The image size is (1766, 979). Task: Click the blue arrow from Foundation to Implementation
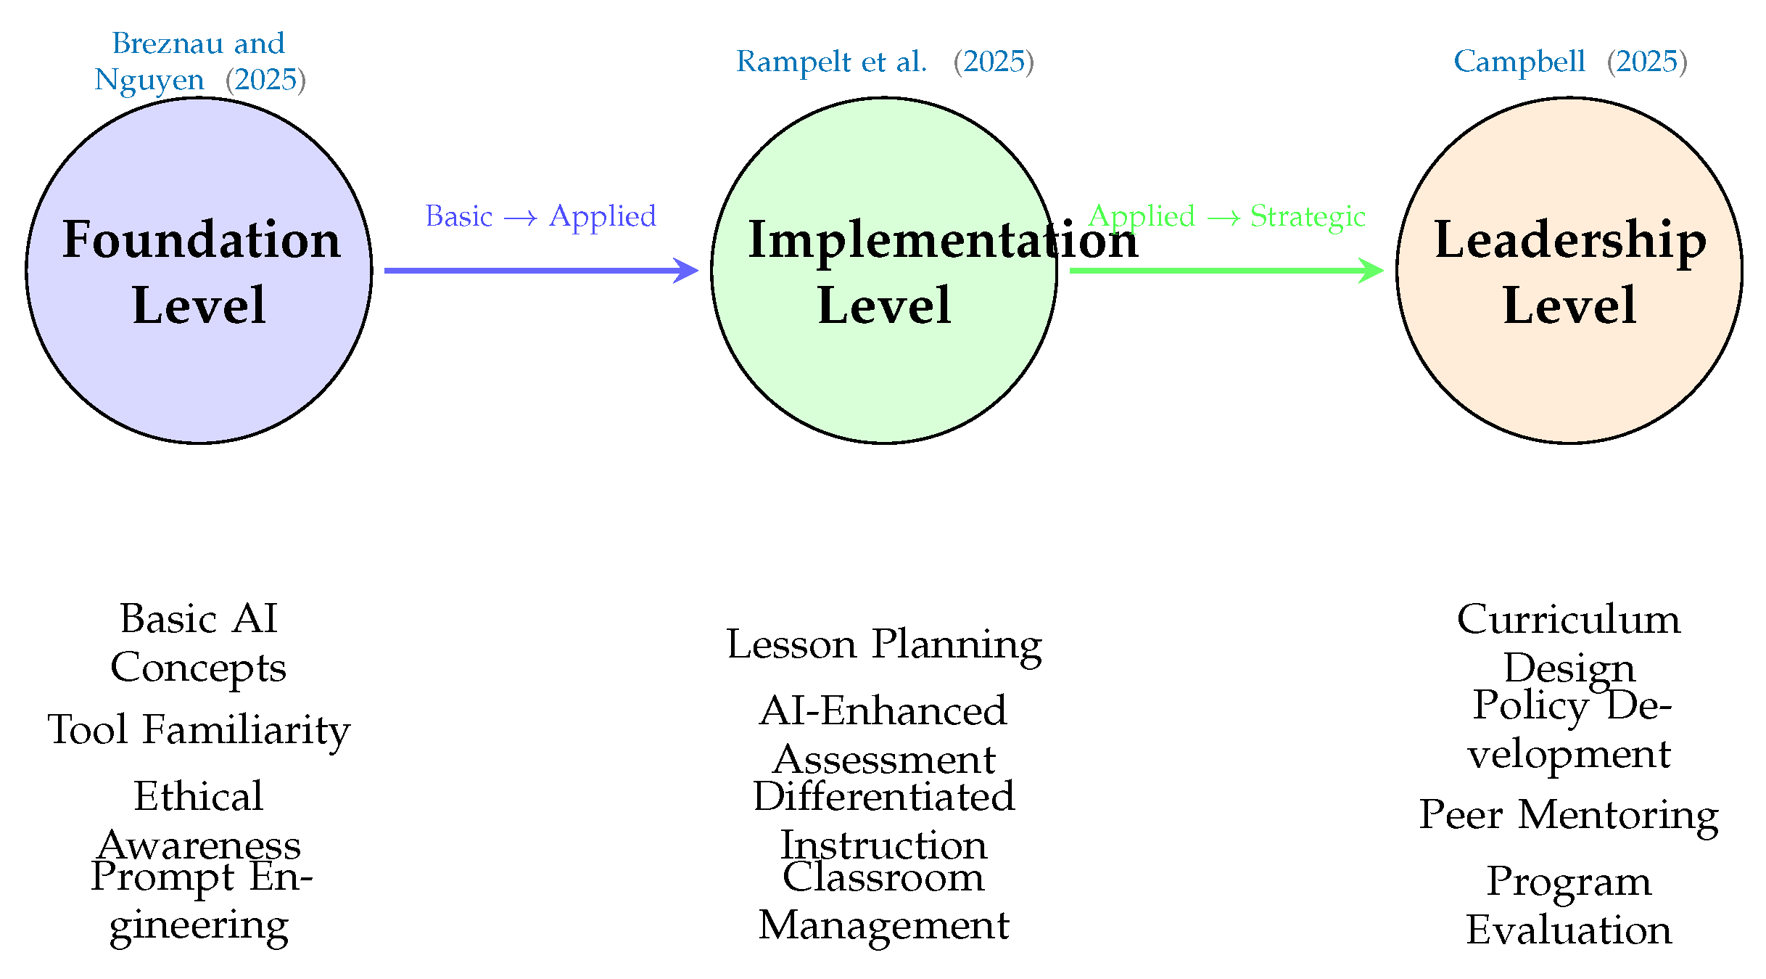(x=540, y=271)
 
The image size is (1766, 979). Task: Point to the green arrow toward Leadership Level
(x=1226, y=271)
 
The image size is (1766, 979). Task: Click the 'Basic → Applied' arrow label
(x=540, y=216)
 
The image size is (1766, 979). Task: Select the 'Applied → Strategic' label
(x=1226, y=216)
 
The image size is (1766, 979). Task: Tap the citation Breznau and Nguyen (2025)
(x=199, y=62)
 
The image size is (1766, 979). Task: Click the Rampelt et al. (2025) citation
(x=885, y=62)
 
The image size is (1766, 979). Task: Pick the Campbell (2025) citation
(x=1570, y=62)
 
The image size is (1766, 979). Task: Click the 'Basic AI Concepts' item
(x=199, y=643)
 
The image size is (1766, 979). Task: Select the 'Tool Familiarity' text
(x=199, y=729)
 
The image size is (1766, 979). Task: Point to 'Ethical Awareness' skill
(x=199, y=820)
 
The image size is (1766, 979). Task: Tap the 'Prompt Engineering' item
(x=200, y=901)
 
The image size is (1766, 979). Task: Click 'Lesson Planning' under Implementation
(x=884, y=644)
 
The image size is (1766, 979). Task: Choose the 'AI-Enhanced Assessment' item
(x=883, y=734)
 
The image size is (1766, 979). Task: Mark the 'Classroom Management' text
(x=883, y=901)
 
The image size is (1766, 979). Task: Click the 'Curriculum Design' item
(x=1569, y=643)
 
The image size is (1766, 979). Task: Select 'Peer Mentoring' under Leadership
(x=1569, y=814)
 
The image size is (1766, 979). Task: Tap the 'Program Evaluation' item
(x=1569, y=906)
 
